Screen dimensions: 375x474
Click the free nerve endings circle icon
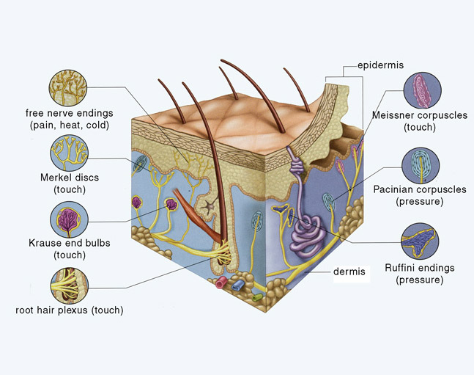click(70, 88)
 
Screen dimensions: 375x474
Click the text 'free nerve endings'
click(70, 114)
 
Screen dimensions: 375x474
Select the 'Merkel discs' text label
click(69, 178)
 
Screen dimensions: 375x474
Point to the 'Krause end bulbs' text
click(70, 244)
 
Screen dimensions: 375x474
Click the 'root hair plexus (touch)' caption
click(70, 310)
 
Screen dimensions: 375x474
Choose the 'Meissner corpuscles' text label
click(424, 115)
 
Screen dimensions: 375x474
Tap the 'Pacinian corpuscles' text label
click(429, 189)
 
